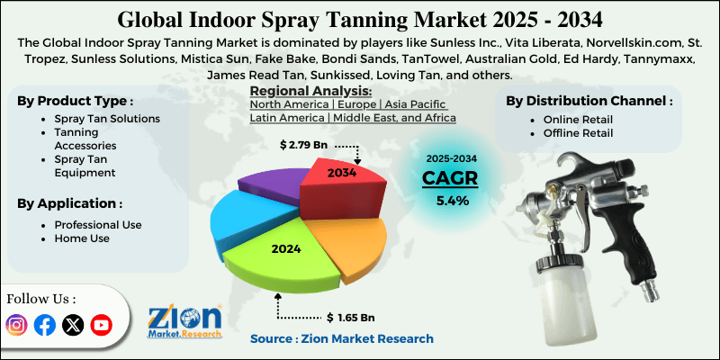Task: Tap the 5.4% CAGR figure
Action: click(452, 201)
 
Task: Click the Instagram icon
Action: click(17, 325)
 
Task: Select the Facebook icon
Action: click(45, 325)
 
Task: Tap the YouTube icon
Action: click(102, 325)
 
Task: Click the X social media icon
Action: click(73, 325)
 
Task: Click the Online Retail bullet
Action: click(578, 119)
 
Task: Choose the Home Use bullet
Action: click(80, 238)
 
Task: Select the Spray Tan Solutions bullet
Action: click(106, 119)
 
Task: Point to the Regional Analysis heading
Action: click(310, 91)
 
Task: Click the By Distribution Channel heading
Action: click(589, 101)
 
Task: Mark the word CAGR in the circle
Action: click(451, 177)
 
